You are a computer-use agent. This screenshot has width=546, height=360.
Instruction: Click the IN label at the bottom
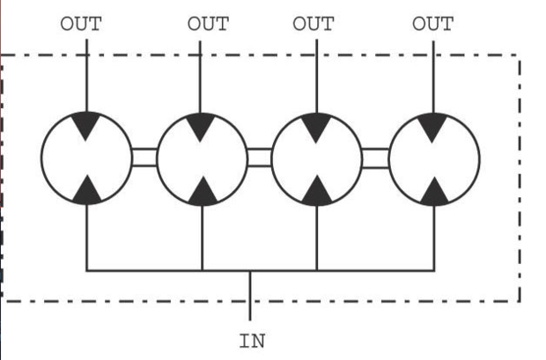pyautogui.click(x=252, y=341)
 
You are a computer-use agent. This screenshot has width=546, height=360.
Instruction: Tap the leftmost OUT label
pyautogui.click(x=81, y=24)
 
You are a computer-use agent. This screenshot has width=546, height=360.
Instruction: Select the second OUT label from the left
pyautogui.click(x=208, y=24)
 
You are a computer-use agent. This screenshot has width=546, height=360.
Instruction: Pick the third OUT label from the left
pyautogui.click(x=313, y=24)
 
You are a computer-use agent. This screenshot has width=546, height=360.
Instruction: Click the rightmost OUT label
pyautogui.click(x=432, y=24)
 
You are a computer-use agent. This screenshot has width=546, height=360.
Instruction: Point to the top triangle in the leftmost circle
pyautogui.click(x=86, y=123)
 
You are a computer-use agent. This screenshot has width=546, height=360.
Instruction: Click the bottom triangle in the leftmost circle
pyautogui.click(x=86, y=192)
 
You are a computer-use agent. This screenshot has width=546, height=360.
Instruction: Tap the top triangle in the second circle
pyautogui.click(x=200, y=125)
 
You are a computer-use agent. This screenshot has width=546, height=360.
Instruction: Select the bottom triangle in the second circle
pyautogui.click(x=203, y=193)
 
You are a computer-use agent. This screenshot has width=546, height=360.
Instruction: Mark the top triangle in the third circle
pyautogui.click(x=316, y=125)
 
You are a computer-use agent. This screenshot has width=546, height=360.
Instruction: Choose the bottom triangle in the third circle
pyautogui.click(x=317, y=192)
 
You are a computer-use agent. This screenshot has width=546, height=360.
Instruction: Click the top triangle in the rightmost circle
pyautogui.click(x=432, y=125)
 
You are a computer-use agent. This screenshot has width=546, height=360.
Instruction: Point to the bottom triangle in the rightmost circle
pyautogui.click(x=434, y=194)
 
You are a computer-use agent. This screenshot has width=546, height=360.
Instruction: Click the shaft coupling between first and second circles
pyautogui.click(x=144, y=158)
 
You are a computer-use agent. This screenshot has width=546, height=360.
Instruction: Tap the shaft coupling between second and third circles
pyautogui.click(x=260, y=158)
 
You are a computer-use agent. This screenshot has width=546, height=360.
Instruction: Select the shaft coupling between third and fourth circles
pyautogui.click(x=375, y=158)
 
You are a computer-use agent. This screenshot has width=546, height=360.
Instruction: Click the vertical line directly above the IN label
pyautogui.click(x=250, y=296)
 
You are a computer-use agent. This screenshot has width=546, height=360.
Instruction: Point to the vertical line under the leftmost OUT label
pyautogui.click(x=86, y=76)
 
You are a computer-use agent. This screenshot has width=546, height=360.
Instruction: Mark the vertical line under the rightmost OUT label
pyautogui.click(x=433, y=77)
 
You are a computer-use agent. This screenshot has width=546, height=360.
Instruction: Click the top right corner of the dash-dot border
pyautogui.click(x=520, y=55)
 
